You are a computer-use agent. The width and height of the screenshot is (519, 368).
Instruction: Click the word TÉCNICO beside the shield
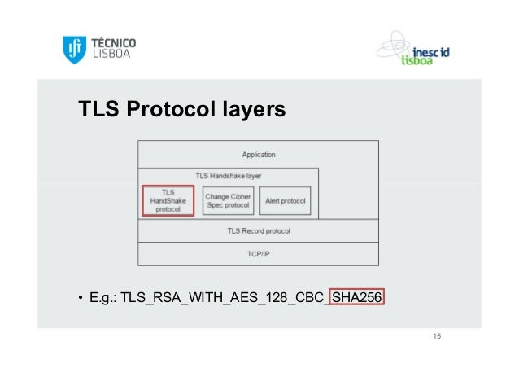tap(112, 42)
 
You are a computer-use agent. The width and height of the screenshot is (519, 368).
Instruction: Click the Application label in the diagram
tap(259, 155)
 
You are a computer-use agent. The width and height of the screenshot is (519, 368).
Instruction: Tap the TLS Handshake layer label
tap(229, 175)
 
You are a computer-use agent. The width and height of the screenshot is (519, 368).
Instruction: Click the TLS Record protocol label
tap(259, 231)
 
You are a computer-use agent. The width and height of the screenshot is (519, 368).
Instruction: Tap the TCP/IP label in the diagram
tap(259, 254)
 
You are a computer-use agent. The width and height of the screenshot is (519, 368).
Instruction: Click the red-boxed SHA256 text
tap(358, 299)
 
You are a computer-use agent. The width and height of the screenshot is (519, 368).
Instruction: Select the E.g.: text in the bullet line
tap(102, 299)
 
